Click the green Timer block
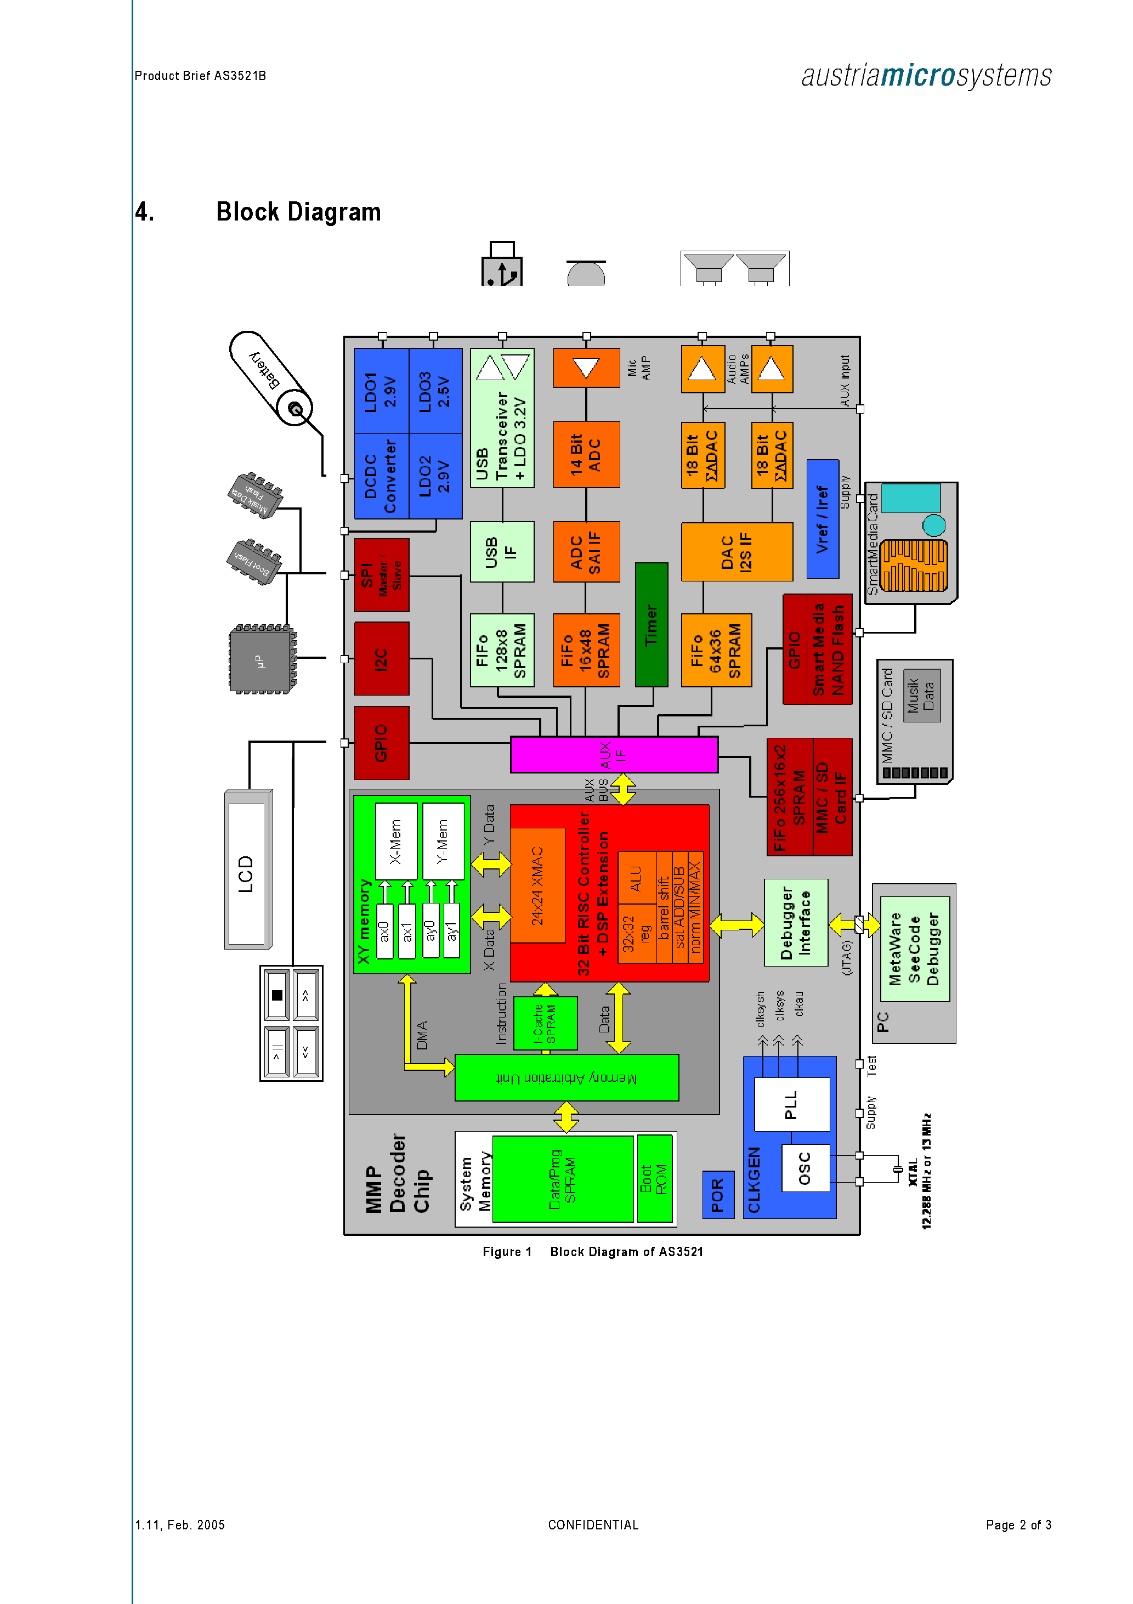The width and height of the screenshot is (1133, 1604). click(651, 625)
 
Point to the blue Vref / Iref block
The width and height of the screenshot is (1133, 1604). click(822, 519)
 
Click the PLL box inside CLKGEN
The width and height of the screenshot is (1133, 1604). click(792, 1104)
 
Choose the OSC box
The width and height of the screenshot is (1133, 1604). click(806, 1167)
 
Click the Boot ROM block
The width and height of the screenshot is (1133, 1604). click(654, 1178)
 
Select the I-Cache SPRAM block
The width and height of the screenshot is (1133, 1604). click(545, 1024)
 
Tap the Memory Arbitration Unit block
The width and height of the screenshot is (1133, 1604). click(566, 1077)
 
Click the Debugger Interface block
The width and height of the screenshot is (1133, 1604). click(796, 922)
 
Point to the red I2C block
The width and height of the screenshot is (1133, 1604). click(381, 659)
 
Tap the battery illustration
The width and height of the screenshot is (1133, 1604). click(271, 378)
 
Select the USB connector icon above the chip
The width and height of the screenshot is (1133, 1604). click(502, 266)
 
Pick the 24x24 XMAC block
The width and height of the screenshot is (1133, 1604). click(537, 885)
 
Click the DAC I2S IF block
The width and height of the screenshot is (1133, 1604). click(737, 552)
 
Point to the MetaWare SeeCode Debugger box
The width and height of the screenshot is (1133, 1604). click(914, 948)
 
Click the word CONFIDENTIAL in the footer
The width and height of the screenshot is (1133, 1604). click(593, 1524)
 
